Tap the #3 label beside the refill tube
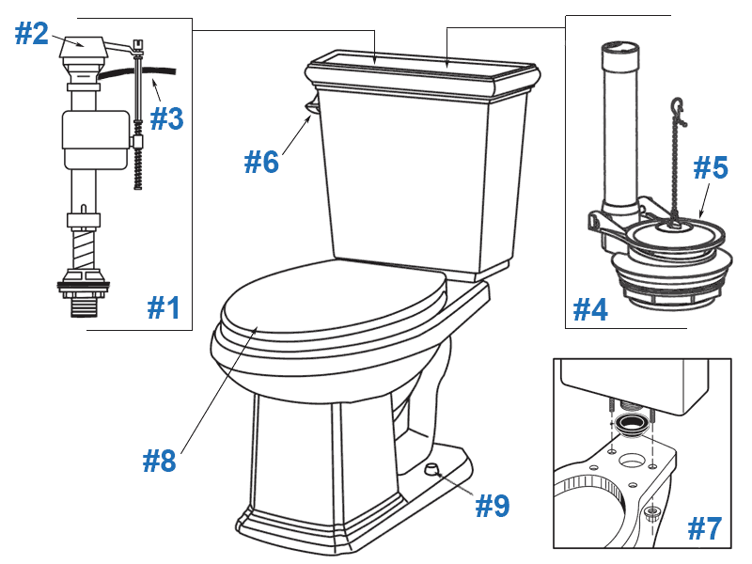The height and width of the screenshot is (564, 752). pos(166,118)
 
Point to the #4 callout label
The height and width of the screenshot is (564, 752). pos(591,308)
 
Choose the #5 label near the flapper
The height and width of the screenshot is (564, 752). pos(711,168)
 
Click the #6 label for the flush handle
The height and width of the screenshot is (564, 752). pos(262,162)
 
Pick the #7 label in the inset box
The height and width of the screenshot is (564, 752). pos(704,529)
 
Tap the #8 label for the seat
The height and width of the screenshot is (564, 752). pos(160,461)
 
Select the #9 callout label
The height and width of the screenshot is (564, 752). pos(492,506)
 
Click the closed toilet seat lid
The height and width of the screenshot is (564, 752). pos(329,301)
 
